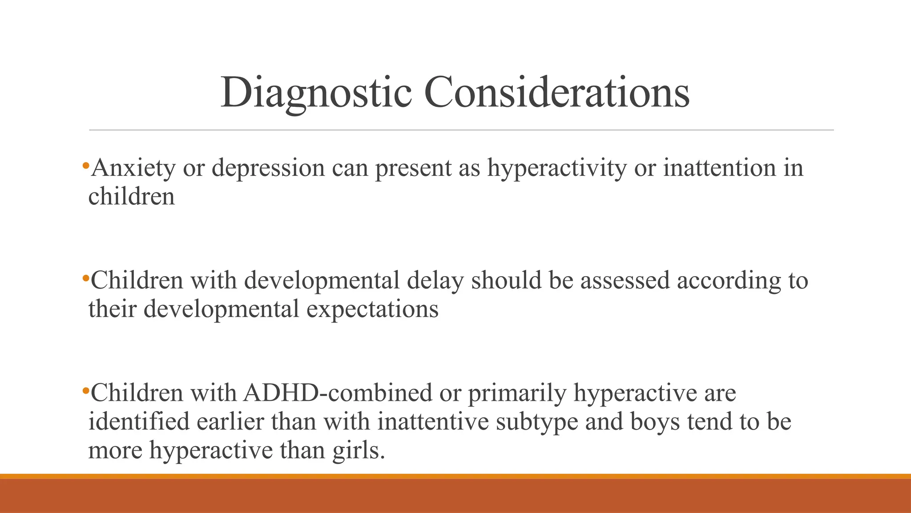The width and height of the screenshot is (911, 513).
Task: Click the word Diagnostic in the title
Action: [316, 93]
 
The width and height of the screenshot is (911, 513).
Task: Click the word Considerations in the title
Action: [556, 93]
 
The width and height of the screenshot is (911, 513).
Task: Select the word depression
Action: [268, 168]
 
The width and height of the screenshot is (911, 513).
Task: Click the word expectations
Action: [372, 309]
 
